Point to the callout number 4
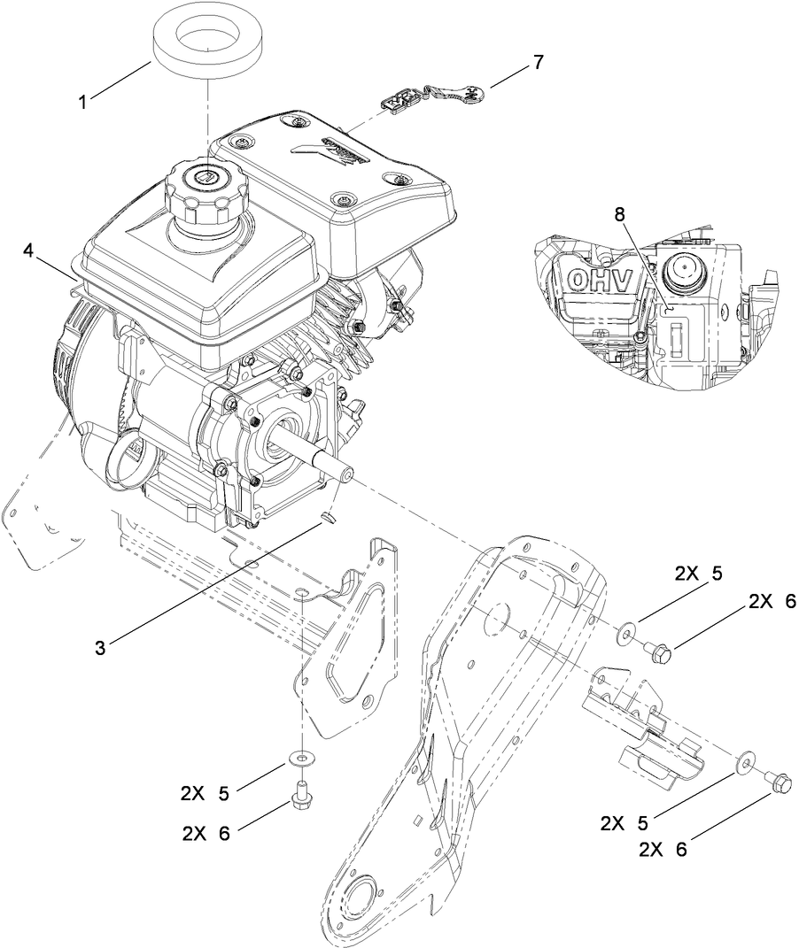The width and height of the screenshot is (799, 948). pos(29,251)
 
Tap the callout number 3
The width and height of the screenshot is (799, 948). pos(101,647)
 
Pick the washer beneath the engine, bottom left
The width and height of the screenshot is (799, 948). pos(303,759)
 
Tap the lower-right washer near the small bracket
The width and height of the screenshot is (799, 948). pos(746,759)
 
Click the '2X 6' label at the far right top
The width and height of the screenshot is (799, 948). pos(772,601)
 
